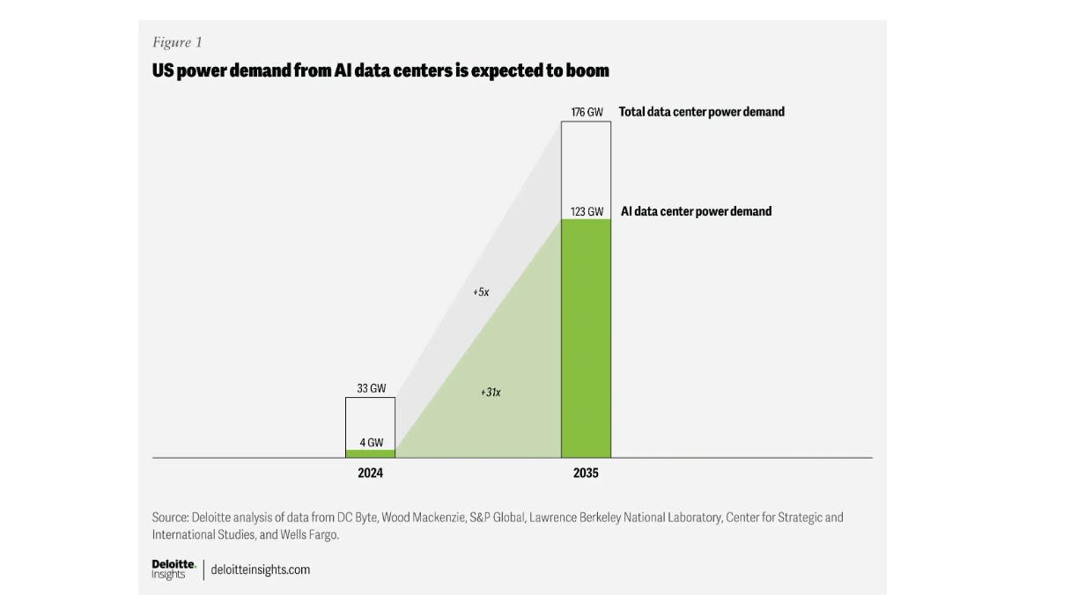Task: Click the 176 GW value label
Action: click(586, 113)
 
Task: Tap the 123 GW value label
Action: click(586, 212)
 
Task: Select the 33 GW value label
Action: click(370, 388)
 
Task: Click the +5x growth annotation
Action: click(480, 291)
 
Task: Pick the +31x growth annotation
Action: click(491, 392)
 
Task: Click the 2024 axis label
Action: click(370, 474)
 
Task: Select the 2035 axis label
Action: click(586, 474)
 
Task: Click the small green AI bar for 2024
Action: click(370, 453)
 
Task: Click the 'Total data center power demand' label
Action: click(701, 112)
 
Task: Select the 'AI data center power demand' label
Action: click(696, 211)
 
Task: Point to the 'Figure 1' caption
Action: click(177, 42)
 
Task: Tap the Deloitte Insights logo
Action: click(173, 570)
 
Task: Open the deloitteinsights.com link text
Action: click(260, 570)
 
